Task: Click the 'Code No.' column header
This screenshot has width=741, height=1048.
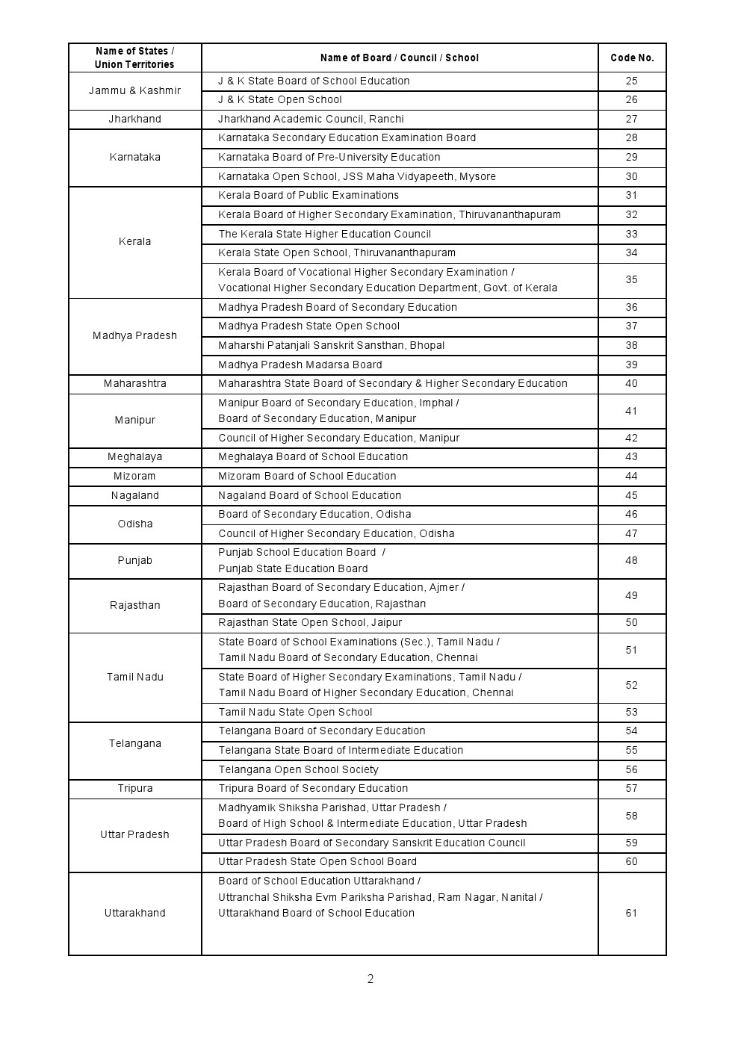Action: [632, 58]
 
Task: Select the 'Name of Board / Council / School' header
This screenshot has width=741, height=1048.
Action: [400, 58]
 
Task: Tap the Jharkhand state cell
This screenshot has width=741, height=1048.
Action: [134, 120]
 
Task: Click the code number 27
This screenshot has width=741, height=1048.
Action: [632, 120]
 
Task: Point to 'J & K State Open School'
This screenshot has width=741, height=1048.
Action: [280, 100]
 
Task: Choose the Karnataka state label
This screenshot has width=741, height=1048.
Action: [134, 158]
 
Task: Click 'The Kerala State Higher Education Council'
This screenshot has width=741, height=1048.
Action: [325, 234]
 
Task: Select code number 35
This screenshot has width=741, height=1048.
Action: [632, 280]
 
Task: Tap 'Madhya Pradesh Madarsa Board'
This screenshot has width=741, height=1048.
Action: [300, 365]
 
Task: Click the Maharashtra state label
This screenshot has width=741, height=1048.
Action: [134, 384]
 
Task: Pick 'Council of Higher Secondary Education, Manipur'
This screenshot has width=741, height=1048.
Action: [339, 438]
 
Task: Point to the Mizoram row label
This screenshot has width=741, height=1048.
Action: [134, 477]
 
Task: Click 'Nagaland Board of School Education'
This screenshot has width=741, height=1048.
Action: [310, 496]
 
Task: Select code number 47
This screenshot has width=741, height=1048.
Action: [632, 534]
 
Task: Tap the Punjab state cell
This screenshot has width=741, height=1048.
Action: [134, 561]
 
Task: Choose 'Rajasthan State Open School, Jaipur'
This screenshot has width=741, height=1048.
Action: [310, 623]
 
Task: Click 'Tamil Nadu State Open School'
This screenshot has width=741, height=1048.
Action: [295, 713]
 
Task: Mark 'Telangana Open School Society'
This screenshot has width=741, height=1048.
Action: [298, 770]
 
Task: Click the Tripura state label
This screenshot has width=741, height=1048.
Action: [134, 789]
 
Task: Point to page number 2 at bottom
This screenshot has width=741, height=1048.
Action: [370, 979]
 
